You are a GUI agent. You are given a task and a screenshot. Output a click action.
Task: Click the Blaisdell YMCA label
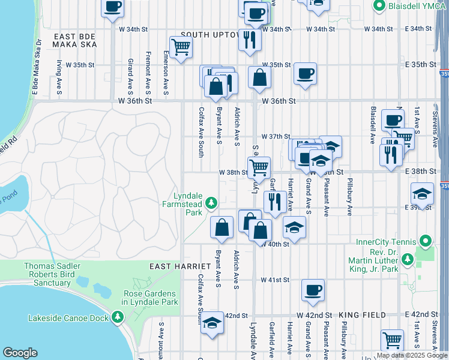413,6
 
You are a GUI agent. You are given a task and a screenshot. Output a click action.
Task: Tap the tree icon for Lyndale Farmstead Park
211,205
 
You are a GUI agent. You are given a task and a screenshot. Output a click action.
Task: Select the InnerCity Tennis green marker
426,242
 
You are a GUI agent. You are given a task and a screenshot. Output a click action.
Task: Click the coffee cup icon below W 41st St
313,290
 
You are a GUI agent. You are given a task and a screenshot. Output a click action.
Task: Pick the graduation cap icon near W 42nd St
211,322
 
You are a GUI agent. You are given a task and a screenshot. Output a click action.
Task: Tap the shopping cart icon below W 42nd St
392,340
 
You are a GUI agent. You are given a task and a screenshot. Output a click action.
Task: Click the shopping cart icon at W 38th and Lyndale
259,167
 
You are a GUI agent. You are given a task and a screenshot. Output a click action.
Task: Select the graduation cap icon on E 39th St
422,194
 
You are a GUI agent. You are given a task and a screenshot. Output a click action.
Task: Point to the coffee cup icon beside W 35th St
305,74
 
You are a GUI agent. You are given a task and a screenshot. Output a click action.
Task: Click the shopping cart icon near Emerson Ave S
181,47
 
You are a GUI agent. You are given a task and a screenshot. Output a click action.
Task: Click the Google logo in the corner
20,353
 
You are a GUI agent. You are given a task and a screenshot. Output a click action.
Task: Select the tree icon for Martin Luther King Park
408,259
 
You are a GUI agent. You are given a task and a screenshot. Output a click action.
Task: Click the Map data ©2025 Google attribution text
412,355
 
